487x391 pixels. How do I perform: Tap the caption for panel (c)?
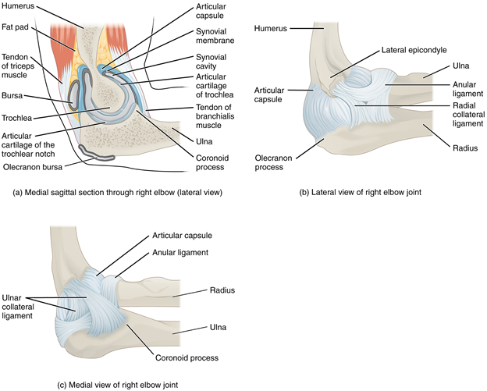click(113, 383)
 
